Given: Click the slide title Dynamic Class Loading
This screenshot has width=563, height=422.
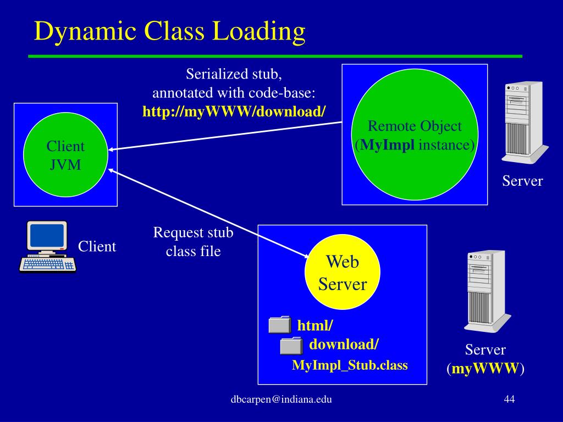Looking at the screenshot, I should click(x=169, y=31).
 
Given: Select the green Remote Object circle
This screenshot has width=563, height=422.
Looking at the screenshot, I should click(x=415, y=135).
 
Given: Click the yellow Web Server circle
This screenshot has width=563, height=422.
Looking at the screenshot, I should click(x=343, y=273).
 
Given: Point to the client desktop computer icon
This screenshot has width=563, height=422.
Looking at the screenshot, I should click(x=47, y=247).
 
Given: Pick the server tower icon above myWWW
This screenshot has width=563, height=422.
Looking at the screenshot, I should click(x=486, y=291).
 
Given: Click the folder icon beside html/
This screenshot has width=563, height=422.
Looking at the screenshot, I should click(x=279, y=325).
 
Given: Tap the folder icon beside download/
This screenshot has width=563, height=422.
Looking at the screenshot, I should click(x=291, y=345).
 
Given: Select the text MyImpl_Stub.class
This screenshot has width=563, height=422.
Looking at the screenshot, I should click(x=350, y=365).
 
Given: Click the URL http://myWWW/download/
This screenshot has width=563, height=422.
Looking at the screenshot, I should click(x=234, y=112).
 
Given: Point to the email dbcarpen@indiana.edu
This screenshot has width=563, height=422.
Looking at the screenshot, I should click(x=281, y=399).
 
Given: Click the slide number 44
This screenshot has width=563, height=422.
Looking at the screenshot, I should click(x=509, y=399).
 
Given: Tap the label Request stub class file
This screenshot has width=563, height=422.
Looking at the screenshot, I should click(x=193, y=242).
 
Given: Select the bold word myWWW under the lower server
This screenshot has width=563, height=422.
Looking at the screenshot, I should click(x=485, y=368).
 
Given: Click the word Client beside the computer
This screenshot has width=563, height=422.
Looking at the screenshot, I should click(x=97, y=246).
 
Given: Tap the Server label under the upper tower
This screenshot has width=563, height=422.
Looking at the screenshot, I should click(x=522, y=181).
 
